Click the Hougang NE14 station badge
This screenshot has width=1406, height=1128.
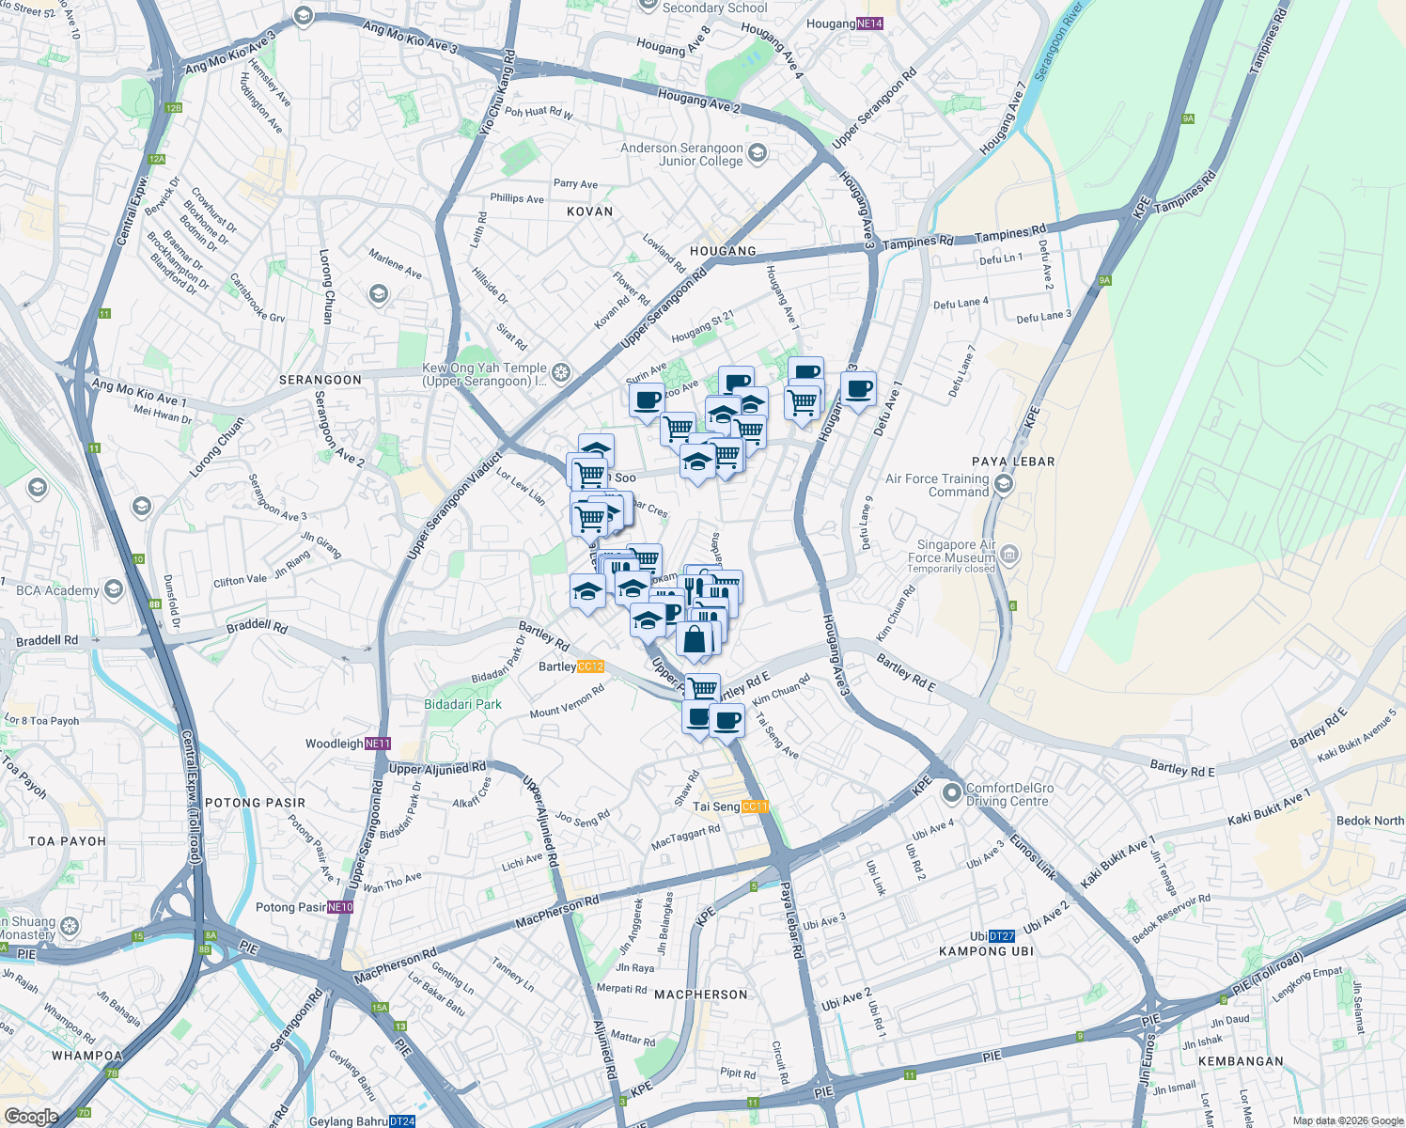[869, 23]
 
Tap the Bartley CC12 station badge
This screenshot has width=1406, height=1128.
[590, 666]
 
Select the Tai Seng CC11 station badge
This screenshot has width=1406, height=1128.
[755, 807]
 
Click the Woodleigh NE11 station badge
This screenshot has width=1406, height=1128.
[377, 744]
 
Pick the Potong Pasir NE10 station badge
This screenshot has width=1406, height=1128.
[340, 907]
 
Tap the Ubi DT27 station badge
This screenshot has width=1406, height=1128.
[1002, 936]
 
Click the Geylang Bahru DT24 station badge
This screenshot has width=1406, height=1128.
[401, 1121]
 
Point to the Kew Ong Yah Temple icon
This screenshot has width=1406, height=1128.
[561, 374]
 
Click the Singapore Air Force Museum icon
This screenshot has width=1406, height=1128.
[1009, 555]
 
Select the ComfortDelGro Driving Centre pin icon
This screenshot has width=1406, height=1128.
[952, 794]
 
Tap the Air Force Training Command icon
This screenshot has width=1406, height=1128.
[1004, 484]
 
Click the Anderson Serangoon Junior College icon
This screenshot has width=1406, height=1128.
[758, 153]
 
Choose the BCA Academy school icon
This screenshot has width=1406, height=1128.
[114, 589]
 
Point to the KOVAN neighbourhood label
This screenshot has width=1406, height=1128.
[589, 211]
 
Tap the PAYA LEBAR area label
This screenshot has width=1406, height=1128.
[1013, 462]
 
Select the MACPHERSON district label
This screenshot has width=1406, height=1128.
[701, 995]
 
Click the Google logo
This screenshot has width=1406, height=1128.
[31, 1116]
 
